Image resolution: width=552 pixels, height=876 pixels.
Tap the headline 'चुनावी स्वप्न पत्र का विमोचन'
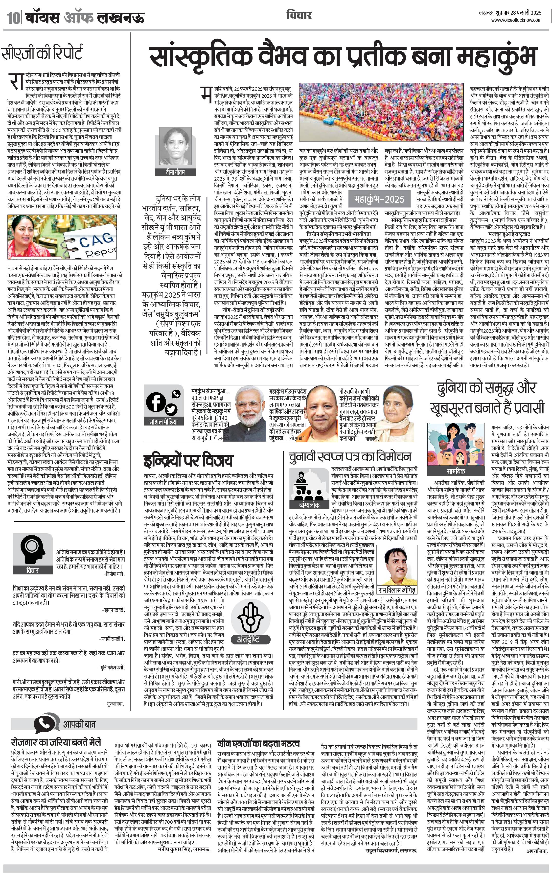click(350, 456)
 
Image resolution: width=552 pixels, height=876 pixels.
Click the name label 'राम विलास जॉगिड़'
click(397, 590)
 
